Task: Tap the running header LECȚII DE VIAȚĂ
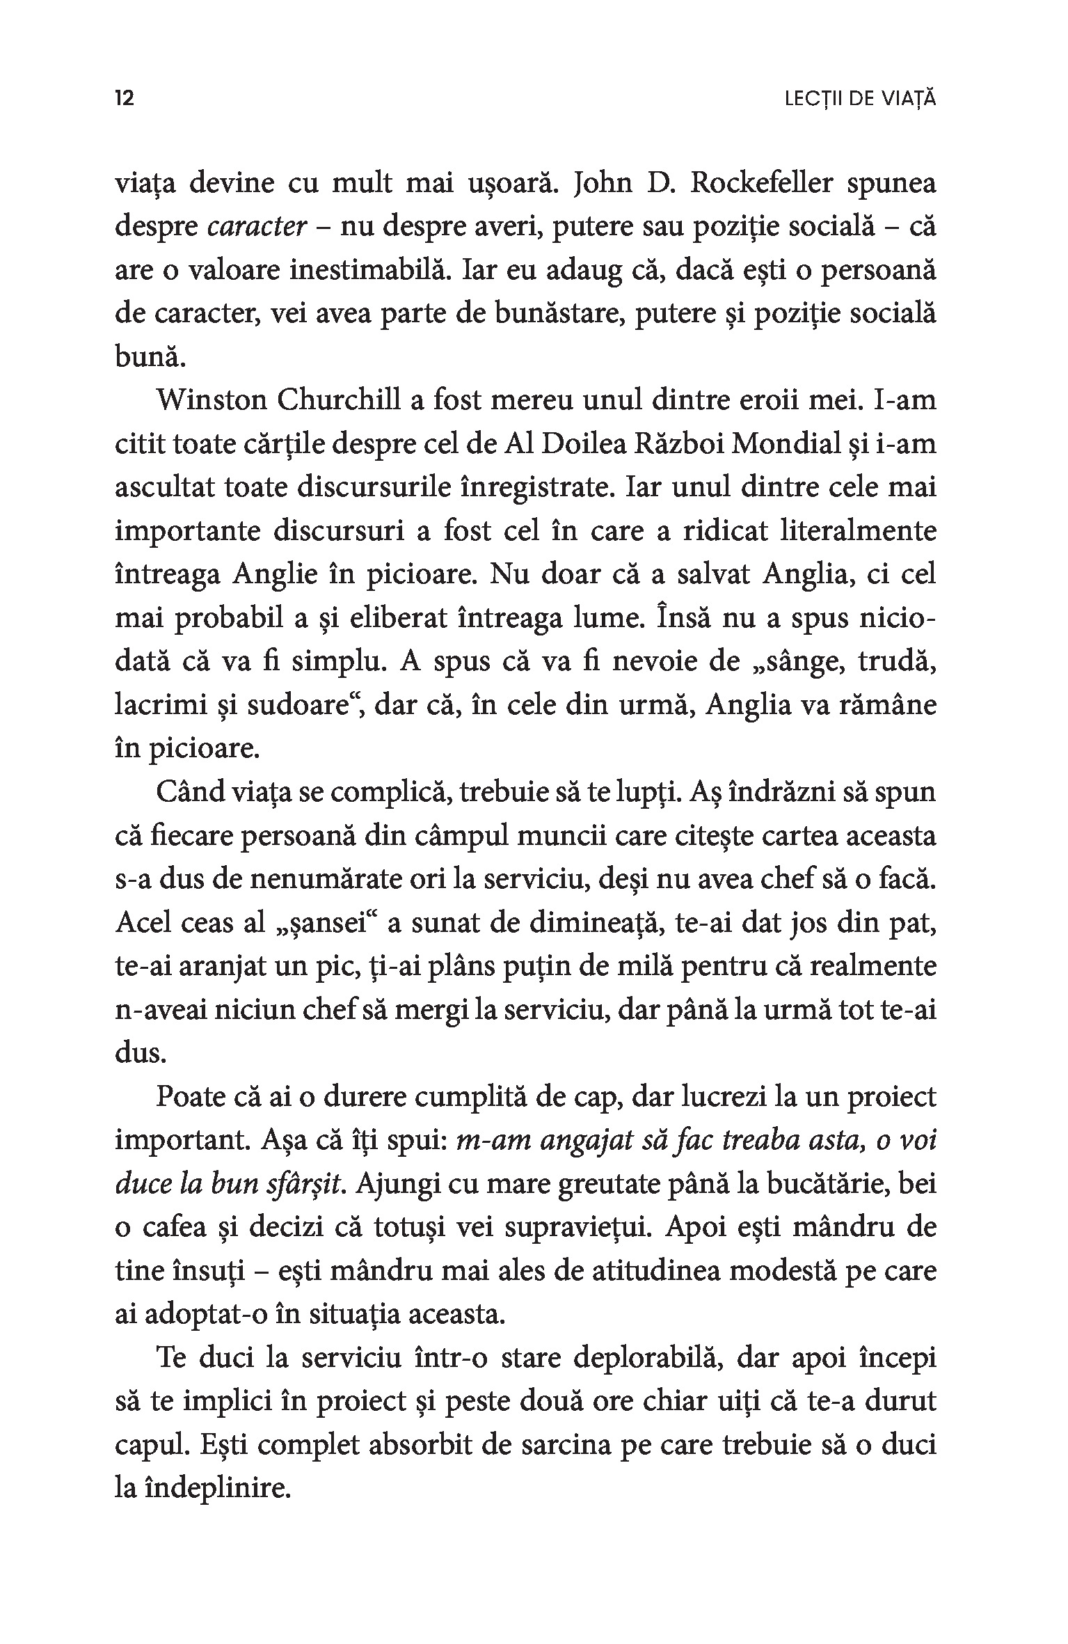pyautogui.click(x=859, y=100)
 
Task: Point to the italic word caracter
pyautogui.click(x=257, y=227)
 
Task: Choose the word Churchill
pyautogui.click(x=337, y=401)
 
